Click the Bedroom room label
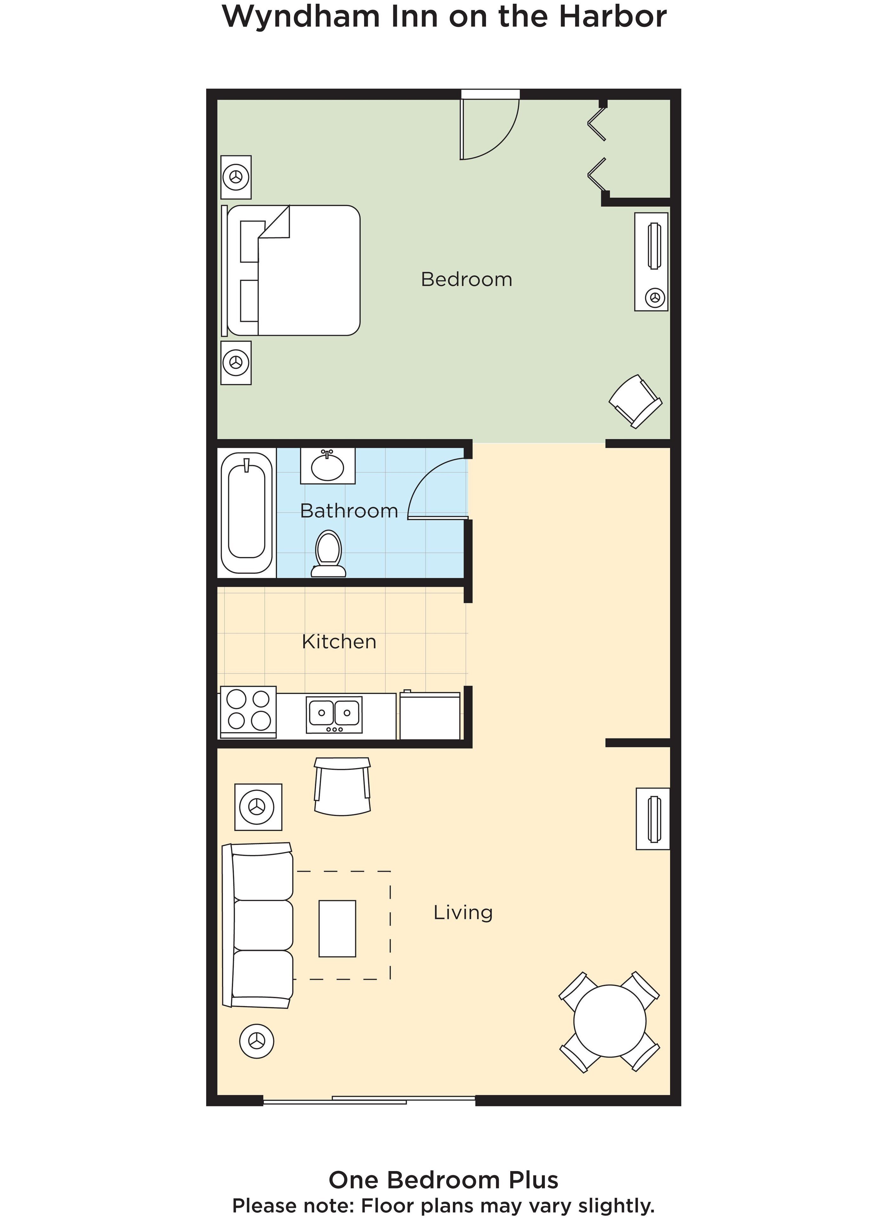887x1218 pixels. pyautogui.click(x=466, y=279)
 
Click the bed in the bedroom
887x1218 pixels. pyautogui.click(x=293, y=270)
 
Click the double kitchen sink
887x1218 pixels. pyautogui.click(x=334, y=715)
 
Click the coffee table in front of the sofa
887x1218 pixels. pyautogui.click(x=337, y=928)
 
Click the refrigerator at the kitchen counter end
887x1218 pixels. pyautogui.click(x=429, y=716)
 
